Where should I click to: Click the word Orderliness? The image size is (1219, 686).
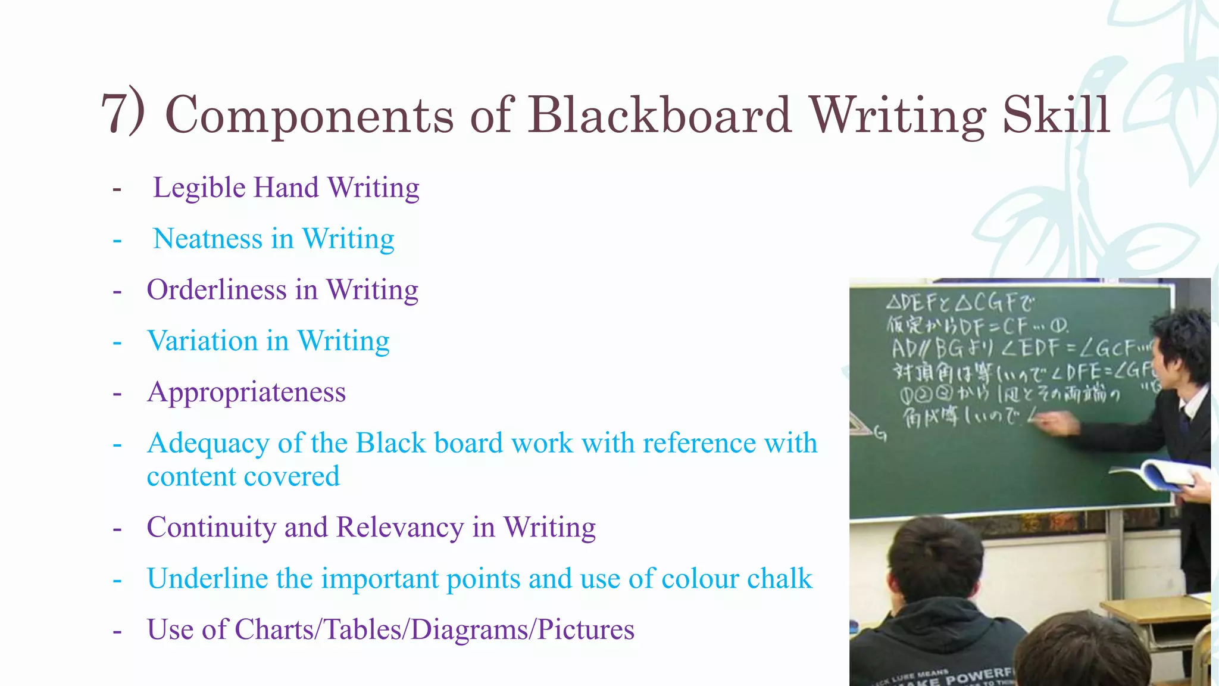[x=217, y=290]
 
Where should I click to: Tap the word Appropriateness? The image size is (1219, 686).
[x=246, y=393]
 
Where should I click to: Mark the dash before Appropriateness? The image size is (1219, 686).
[x=117, y=394]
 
